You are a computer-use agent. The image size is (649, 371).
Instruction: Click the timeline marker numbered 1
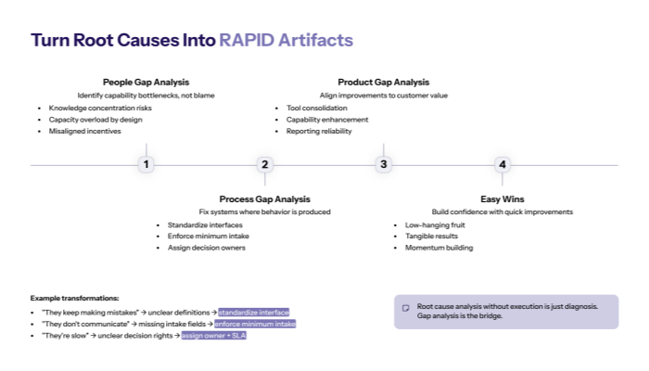[x=146, y=164]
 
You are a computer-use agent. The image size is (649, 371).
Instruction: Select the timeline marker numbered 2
[x=264, y=164]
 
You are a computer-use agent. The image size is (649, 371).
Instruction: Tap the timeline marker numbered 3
[x=384, y=164]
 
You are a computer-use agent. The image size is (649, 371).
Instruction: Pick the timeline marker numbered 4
[x=503, y=164]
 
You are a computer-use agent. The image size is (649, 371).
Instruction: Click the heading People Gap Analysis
[x=146, y=82]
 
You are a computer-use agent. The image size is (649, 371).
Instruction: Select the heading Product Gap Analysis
[x=383, y=82]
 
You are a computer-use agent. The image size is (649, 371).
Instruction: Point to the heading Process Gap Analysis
[x=264, y=198]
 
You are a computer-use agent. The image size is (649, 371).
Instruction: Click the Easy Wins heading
[x=502, y=198]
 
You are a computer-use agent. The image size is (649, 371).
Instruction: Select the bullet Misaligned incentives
[x=84, y=132]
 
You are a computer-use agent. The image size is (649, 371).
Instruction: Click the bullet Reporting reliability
[x=319, y=132]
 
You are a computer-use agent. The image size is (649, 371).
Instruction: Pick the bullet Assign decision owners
[x=206, y=248]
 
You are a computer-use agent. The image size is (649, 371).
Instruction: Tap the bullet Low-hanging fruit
[x=434, y=224]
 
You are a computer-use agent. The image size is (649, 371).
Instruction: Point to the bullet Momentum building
[x=439, y=248]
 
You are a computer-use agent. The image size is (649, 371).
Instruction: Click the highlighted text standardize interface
[x=253, y=313]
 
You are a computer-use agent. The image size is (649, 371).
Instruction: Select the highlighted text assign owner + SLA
[x=213, y=335]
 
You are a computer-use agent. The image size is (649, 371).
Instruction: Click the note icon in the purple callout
[x=405, y=307]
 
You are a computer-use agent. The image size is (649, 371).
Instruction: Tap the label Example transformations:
[x=74, y=298]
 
